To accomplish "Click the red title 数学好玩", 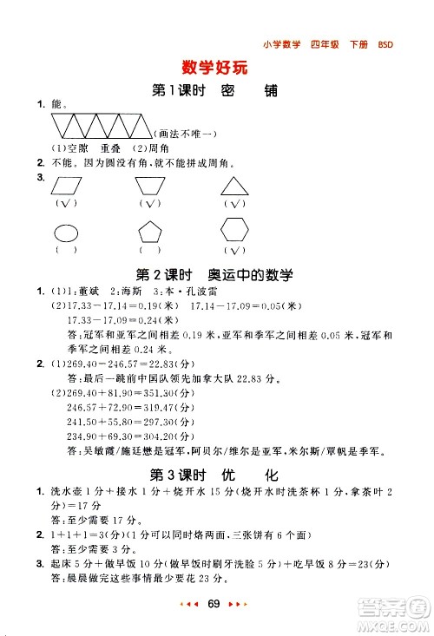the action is coord(216,67).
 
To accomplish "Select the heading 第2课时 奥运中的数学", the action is coord(215,274).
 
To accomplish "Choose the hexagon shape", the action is coord(233,231).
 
